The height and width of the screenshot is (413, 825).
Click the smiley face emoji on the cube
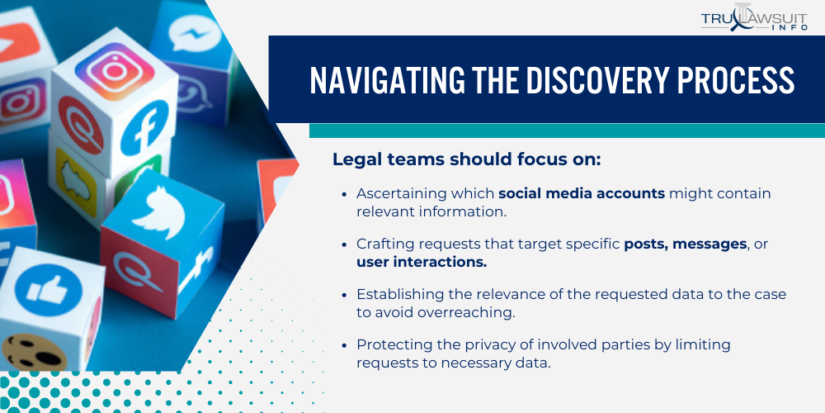pos(33,351)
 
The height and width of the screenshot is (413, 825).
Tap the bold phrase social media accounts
pos(582,193)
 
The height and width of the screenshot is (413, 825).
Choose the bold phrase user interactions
pos(422,262)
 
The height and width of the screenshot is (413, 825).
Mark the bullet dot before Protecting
pos(344,344)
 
